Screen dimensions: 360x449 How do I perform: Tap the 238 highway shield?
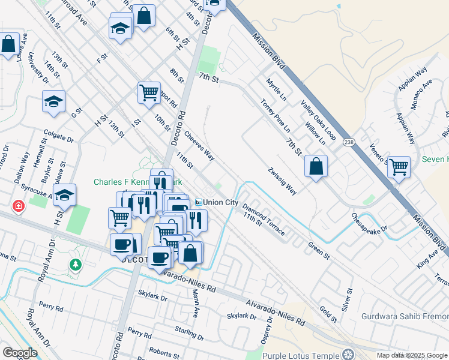click(x=349, y=142)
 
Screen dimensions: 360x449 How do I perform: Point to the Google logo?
click(x=20, y=353)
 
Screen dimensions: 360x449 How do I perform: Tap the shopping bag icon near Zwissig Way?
click(x=316, y=166)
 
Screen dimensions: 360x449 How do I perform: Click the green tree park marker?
click(x=75, y=265)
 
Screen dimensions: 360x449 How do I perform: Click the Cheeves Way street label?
click(x=200, y=146)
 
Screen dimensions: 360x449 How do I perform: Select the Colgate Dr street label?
click(x=58, y=137)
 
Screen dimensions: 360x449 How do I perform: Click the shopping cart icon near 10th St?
click(x=148, y=92)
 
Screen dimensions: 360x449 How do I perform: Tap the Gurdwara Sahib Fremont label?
click(x=405, y=316)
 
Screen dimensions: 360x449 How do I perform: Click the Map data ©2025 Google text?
click(x=412, y=355)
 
